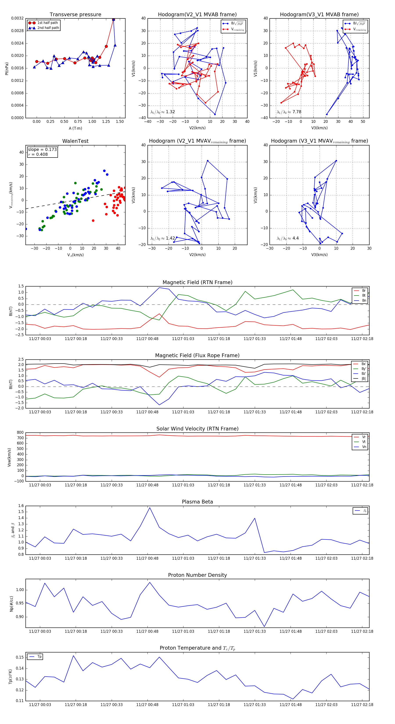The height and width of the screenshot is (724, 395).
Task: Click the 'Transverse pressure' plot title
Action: [x=75, y=15]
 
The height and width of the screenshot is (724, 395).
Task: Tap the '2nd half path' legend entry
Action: [x=48, y=28]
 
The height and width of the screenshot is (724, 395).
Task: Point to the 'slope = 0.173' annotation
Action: [x=42, y=150]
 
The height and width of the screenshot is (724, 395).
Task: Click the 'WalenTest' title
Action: [x=75, y=141]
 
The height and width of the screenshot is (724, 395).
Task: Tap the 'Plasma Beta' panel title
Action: [x=197, y=502]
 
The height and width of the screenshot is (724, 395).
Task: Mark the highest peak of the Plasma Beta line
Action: [x=150, y=508]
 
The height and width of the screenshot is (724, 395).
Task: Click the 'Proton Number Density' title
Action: [x=197, y=575]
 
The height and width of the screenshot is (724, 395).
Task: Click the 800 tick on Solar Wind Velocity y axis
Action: [x=20, y=433]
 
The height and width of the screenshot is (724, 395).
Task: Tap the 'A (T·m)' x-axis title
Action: [x=75, y=128]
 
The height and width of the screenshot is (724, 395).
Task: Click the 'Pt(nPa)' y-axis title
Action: [x=7, y=69]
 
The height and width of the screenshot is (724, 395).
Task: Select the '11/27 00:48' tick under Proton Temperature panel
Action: [x=147, y=705]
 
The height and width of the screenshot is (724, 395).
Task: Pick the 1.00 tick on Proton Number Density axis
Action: [x=20, y=590]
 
